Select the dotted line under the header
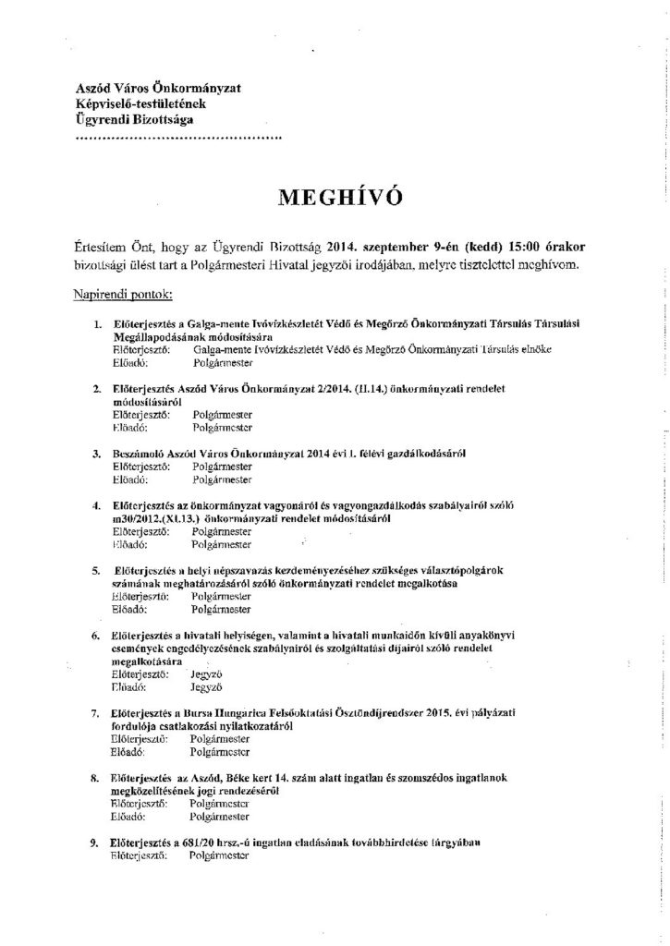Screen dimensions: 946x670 [177, 139]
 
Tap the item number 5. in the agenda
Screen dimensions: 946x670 [97, 571]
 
